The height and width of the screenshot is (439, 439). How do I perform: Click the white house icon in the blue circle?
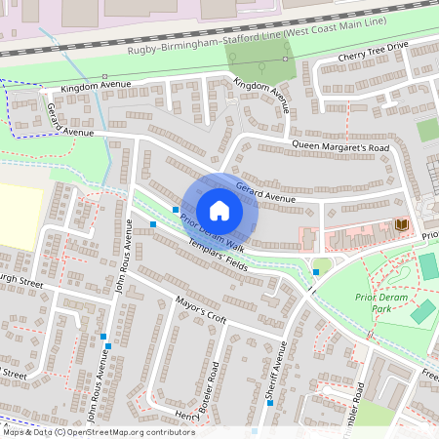point(219,211)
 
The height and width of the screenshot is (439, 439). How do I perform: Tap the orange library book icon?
point(401,226)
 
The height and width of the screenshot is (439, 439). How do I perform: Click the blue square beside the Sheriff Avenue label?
point(256,430)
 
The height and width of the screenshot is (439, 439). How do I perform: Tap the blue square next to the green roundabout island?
point(316,272)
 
